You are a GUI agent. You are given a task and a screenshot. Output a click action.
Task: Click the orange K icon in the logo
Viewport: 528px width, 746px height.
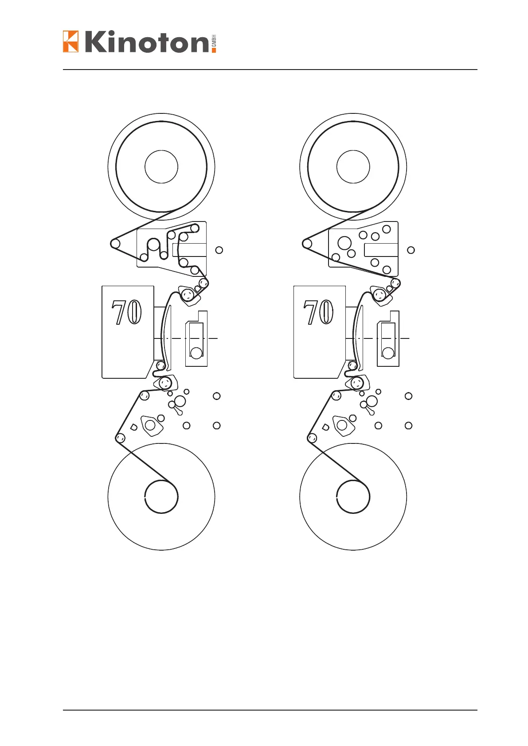[70, 41]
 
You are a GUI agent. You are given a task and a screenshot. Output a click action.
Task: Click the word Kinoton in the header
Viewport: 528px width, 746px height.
[146, 42]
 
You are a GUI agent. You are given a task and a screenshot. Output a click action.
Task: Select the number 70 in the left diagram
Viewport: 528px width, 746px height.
[127, 312]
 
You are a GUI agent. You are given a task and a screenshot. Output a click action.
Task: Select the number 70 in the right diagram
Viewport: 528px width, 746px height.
[319, 312]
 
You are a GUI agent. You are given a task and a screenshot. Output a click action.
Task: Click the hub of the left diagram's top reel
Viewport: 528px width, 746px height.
[161, 167]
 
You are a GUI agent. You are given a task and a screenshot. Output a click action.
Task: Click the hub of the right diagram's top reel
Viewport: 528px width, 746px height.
[353, 167]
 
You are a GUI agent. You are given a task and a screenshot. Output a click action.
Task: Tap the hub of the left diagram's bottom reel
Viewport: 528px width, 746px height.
[161, 497]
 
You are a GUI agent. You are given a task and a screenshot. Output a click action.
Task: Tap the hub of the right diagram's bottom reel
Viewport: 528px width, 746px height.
[353, 497]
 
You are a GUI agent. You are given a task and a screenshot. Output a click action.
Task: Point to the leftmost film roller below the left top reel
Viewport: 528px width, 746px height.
[115, 243]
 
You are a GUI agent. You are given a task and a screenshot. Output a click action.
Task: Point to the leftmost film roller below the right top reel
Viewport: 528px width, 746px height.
[307, 243]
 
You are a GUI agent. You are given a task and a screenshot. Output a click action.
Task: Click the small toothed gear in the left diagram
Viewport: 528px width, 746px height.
[160, 365]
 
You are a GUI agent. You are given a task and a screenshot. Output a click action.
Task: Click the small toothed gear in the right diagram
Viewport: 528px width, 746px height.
[352, 365]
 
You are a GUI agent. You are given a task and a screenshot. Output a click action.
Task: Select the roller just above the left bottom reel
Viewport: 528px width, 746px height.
[120, 438]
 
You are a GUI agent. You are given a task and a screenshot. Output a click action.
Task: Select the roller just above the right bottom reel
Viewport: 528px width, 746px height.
[312, 438]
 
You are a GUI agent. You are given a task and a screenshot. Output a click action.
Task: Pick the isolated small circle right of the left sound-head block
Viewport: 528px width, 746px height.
[219, 250]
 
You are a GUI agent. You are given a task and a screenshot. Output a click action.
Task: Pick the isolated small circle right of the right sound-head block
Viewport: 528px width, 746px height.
[411, 250]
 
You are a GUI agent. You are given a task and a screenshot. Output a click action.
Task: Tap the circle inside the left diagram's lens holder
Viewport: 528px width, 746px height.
[196, 353]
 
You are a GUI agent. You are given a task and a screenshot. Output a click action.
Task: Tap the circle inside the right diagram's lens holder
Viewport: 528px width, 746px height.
[388, 353]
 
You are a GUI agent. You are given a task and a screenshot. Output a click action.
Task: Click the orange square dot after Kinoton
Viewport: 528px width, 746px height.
[214, 50]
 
